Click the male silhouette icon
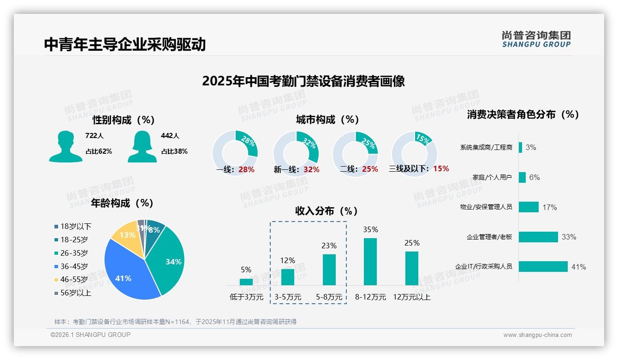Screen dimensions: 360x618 [65, 147]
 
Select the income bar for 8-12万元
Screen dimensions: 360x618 [370, 261]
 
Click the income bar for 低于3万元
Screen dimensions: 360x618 [246, 282]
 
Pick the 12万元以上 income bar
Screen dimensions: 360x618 [412, 268]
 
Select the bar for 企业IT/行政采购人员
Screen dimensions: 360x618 [543, 266]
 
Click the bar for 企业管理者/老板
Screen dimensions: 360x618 [538, 237]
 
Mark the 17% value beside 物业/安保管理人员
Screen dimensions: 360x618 [550, 207]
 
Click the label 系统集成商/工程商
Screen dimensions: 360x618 [486, 148]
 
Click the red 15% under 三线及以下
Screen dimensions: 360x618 [441, 169]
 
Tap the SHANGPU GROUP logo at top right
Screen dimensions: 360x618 [536, 39]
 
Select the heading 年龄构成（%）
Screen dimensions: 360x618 [122, 203]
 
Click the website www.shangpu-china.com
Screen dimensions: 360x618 [537, 335]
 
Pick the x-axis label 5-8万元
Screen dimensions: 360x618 [329, 297]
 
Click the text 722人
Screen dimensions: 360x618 [95, 136]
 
